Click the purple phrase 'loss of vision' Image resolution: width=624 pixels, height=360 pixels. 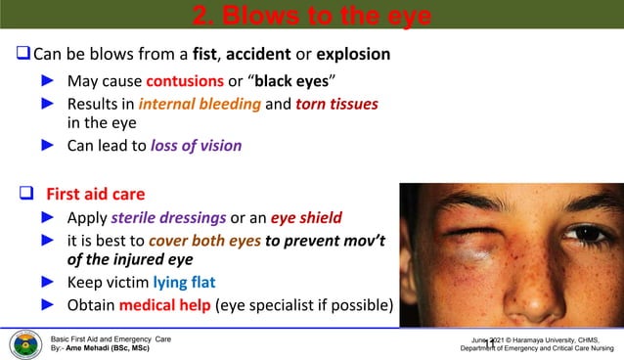pyautogui.click(x=196, y=146)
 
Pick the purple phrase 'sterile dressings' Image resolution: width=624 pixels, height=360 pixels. pyautogui.click(x=172, y=216)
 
